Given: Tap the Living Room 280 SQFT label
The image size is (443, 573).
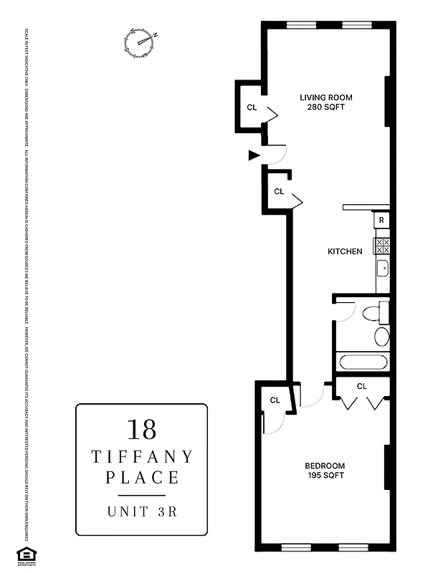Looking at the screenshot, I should click(325, 102).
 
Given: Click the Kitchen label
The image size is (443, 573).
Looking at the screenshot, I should click(345, 251).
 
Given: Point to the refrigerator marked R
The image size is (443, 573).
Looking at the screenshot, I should click(382, 220).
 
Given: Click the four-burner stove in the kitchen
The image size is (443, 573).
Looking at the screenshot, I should click(382, 247).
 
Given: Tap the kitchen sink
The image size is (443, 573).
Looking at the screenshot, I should click(383, 269).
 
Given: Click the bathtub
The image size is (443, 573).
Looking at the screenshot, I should click(363, 362).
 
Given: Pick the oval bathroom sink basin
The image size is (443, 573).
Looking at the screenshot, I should click(382, 337).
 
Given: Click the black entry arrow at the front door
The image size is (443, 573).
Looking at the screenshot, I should click(253, 154).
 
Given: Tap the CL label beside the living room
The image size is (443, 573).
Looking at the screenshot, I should click(252, 107).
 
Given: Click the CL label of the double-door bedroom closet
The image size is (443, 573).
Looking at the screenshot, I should click(361, 386).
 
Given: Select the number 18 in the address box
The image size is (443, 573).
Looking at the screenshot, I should click(141, 429).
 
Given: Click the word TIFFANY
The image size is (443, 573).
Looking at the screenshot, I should click(141, 456).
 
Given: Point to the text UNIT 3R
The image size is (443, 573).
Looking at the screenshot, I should click(141, 511).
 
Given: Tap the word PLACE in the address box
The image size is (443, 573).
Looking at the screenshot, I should click(141, 477).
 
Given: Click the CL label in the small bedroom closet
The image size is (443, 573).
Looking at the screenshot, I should click(275, 400).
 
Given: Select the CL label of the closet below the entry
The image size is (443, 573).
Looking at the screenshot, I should click(279, 191).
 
